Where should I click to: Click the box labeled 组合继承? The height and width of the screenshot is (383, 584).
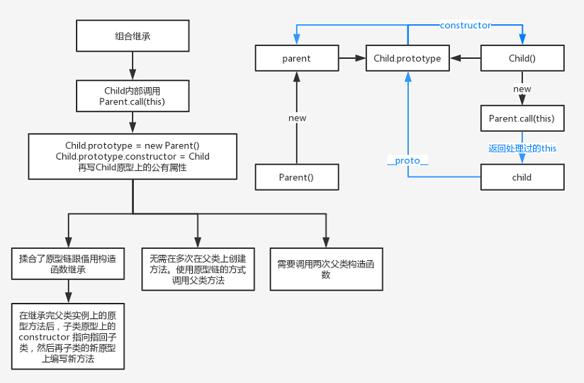coord(133,35)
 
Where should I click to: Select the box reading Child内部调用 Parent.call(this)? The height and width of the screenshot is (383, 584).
coord(133,96)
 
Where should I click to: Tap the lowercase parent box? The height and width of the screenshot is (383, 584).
coord(297,58)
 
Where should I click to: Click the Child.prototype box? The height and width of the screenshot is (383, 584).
coord(408,58)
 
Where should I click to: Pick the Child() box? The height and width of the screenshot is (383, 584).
coord(522,58)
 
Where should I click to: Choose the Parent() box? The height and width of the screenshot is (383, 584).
coord(297,177)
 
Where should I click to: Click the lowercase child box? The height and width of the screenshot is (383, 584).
coord(522,177)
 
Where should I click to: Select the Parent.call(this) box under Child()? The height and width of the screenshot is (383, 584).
coord(522,118)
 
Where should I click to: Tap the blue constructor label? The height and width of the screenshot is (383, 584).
coord(465,26)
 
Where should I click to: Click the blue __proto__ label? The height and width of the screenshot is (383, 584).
coord(408,160)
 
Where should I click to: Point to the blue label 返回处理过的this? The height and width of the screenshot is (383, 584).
coord(522,148)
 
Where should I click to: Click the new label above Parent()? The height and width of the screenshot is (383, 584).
coord(297,118)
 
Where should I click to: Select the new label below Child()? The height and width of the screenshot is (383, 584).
coord(522,89)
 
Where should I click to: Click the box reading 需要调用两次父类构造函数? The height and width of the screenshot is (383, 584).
coord(326,269)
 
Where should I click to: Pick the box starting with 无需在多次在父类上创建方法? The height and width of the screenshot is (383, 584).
coord(198,269)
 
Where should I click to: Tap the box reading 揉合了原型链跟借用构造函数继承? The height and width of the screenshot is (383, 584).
coord(68,263)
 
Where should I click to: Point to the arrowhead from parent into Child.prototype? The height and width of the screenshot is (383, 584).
coord(361,58)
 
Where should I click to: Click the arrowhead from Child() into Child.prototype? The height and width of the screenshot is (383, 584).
coord(456,58)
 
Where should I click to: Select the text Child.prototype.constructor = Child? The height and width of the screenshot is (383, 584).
coord(133,157)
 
